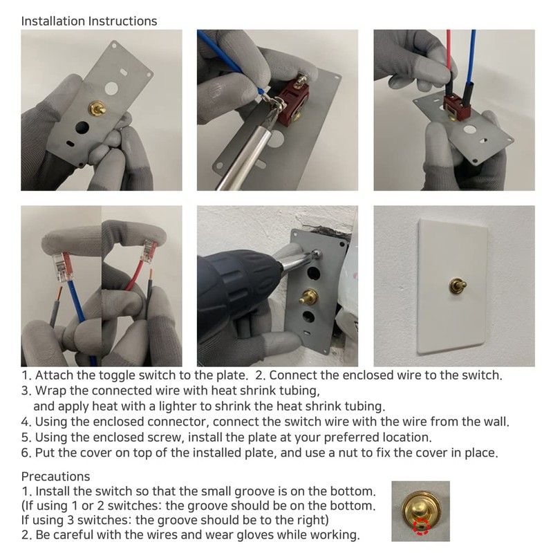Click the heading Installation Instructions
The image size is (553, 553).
coord(89,21)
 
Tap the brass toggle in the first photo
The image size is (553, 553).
coord(98,108)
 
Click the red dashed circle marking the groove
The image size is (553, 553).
coord(422,527)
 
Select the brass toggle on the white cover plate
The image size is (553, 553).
coord(458,285)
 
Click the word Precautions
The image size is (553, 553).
coord(56,476)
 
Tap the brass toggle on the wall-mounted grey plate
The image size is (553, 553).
coord(308,297)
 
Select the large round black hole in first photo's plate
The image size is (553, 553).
coord(82,127)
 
